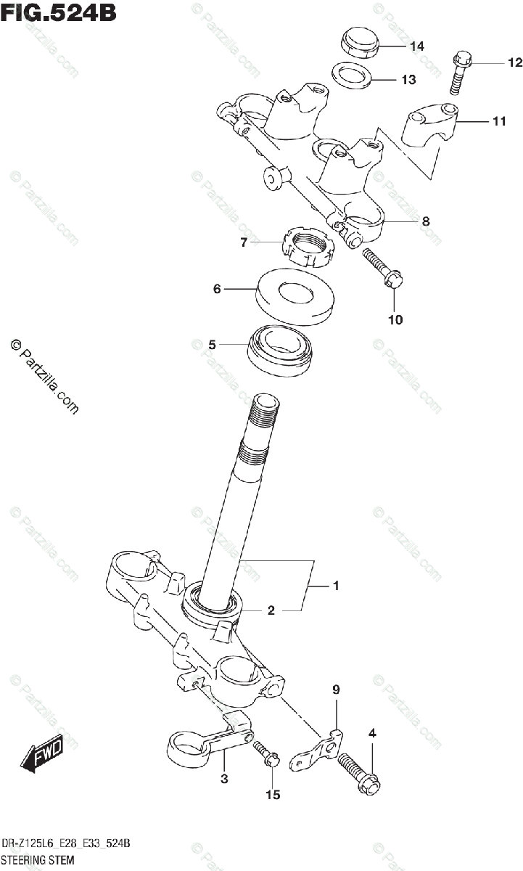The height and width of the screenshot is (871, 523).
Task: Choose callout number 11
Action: click(x=498, y=121)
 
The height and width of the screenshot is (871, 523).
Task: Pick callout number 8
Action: click(x=426, y=221)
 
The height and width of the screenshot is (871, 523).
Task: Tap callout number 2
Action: click(x=271, y=611)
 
